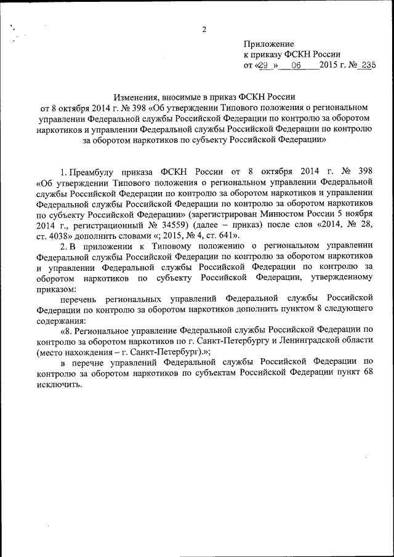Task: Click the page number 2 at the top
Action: (x=204, y=30)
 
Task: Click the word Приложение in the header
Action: (x=269, y=44)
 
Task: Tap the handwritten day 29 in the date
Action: (x=265, y=65)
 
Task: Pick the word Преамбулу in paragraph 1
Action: (x=94, y=170)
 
